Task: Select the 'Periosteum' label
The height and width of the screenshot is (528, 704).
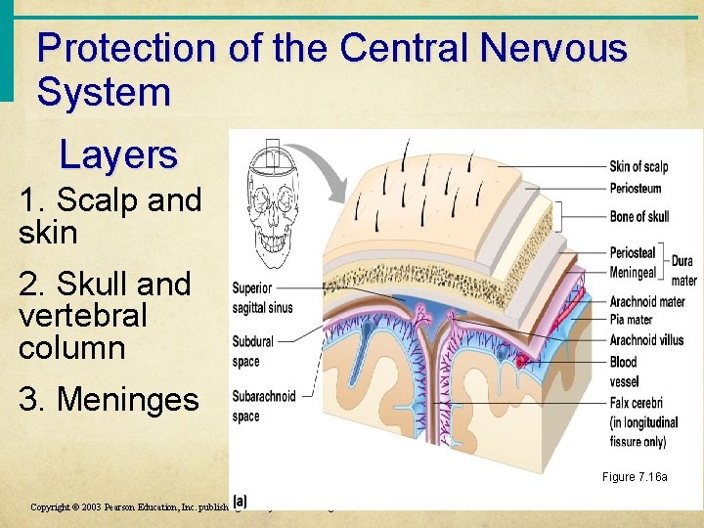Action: pyautogui.click(x=636, y=188)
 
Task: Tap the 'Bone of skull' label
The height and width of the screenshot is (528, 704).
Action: pyautogui.click(x=639, y=216)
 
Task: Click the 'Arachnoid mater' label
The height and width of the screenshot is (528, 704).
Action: pyautogui.click(x=646, y=301)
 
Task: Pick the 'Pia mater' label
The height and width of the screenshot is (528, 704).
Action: pyautogui.click(x=631, y=319)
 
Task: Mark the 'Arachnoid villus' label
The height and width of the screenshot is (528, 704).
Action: pyautogui.click(x=646, y=339)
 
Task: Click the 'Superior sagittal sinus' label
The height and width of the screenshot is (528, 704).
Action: pyautogui.click(x=262, y=298)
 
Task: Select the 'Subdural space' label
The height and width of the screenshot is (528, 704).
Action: pyautogui.click(x=252, y=351)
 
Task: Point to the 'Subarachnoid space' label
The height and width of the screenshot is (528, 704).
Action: pyautogui.click(x=262, y=406)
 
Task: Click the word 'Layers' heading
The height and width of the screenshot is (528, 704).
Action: pyautogui.click(x=118, y=154)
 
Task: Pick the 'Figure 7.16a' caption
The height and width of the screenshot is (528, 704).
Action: pyautogui.click(x=635, y=477)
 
